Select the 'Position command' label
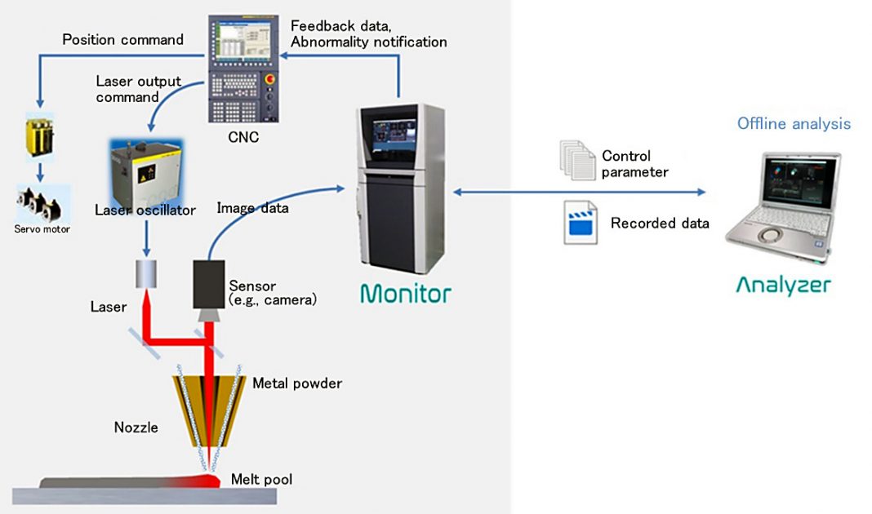(x=122, y=39)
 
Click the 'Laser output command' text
(x=137, y=89)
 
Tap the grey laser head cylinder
(x=147, y=273)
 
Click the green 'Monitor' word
(x=405, y=292)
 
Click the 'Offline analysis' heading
(x=793, y=123)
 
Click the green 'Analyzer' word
(x=782, y=285)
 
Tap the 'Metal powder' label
(x=296, y=383)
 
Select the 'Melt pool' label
(x=261, y=479)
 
